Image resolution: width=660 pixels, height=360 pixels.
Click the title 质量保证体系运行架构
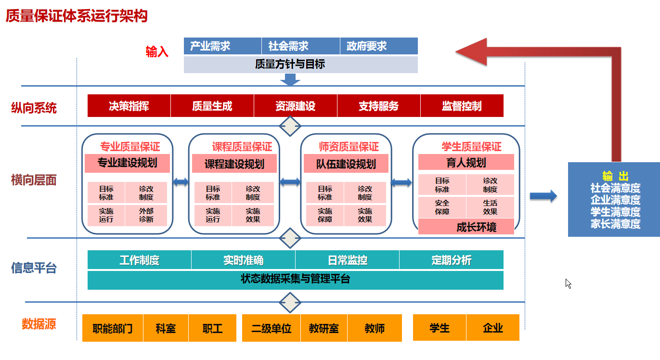pos(77,16)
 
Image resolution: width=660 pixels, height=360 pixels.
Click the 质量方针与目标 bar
pos(300,64)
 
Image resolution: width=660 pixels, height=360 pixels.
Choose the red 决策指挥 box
pos(129,106)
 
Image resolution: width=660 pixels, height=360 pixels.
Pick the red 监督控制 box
pos(462,106)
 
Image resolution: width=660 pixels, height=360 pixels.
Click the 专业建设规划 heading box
pos(128,163)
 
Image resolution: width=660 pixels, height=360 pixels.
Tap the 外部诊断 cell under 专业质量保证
pos(146,215)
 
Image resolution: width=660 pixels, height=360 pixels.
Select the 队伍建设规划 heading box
pos(346,164)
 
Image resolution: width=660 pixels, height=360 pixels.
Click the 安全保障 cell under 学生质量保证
pos(442,207)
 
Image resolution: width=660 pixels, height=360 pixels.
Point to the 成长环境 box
pos(466,227)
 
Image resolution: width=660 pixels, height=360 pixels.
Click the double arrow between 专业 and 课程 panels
pos(181,182)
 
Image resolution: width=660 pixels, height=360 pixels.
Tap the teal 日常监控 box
pos(347,260)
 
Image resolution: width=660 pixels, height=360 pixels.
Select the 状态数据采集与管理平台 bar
pos(295,280)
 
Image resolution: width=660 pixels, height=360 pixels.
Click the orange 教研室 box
pos(324,328)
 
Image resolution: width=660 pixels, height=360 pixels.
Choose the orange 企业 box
pos(493,328)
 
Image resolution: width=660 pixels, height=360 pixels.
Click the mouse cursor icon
pos(568,283)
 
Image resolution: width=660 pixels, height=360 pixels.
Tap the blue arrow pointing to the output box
pos(544,196)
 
